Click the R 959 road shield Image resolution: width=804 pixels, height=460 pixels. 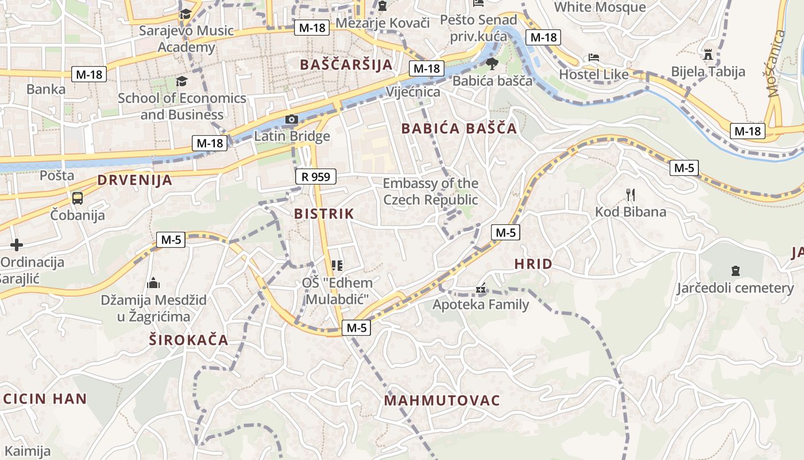(x=316, y=177)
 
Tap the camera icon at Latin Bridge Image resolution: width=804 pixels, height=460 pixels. (x=292, y=120)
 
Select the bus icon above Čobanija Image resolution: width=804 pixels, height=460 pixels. (x=77, y=198)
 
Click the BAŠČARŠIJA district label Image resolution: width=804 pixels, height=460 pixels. (x=346, y=64)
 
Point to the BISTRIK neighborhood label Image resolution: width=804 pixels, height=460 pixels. (x=324, y=214)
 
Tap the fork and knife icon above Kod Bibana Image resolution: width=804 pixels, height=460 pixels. (x=631, y=194)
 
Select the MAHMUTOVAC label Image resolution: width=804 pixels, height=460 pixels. (x=442, y=400)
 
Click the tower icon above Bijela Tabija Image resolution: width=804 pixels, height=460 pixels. (x=708, y=55)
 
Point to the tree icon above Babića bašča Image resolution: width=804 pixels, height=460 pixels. (x=492, y=63)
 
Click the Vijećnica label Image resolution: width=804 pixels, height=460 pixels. (x=413, y=92)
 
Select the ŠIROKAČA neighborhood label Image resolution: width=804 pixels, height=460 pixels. (x=189, y=340)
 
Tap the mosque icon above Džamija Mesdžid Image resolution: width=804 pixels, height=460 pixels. (x=153, y=283)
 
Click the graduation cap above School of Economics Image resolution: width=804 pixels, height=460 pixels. (x=181, y=81)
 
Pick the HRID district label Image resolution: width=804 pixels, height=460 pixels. (x=533, y=264)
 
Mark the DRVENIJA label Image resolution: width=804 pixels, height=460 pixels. (x=135, y=180)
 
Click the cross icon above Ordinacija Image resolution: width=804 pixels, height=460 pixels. (x=17, y=246)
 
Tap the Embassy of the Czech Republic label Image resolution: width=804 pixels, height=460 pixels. (x=431, y=191)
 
